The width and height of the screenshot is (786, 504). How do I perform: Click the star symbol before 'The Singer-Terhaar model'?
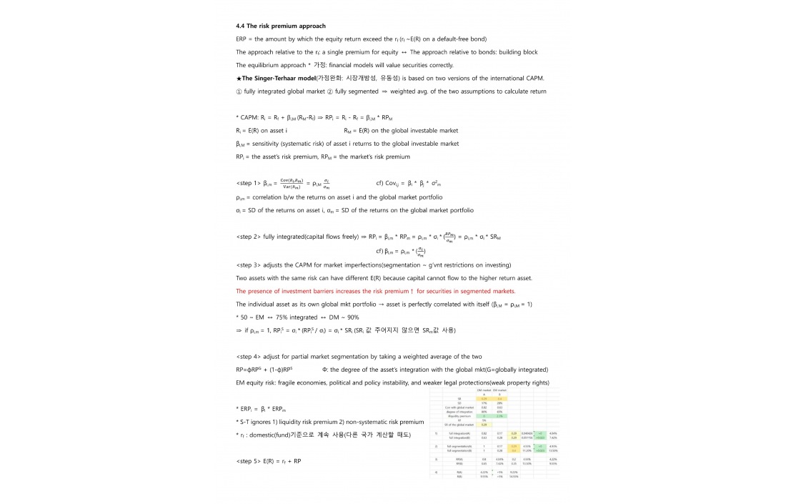pos(239,77)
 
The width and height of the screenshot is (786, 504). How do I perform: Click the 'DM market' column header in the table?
pos(485,390)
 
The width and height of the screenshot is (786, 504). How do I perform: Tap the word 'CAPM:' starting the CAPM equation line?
pos(249,117)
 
